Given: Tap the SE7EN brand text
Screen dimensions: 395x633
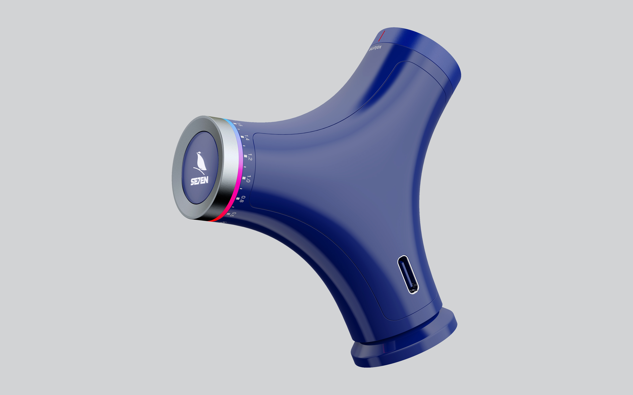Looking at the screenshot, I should tap(199, 181).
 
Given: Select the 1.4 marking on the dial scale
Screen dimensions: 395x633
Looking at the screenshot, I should tap(247, 138).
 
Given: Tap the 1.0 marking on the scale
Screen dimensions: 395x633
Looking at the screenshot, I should tap(248, 179).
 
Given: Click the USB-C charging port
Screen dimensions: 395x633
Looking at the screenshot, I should tap(408, 274).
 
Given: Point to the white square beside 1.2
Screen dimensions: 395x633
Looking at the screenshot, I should tap(245, 156).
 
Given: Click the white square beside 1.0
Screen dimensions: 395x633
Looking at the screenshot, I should tap(244, 178).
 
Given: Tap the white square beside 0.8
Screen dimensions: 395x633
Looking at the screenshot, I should tap(238, 198).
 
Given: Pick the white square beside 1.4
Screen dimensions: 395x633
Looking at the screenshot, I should tap(242, 137).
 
